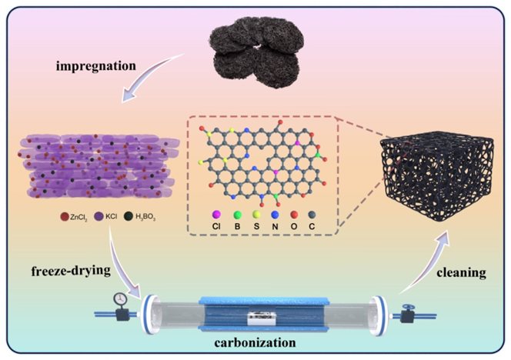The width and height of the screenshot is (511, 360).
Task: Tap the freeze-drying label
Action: (x=68, y=270)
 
